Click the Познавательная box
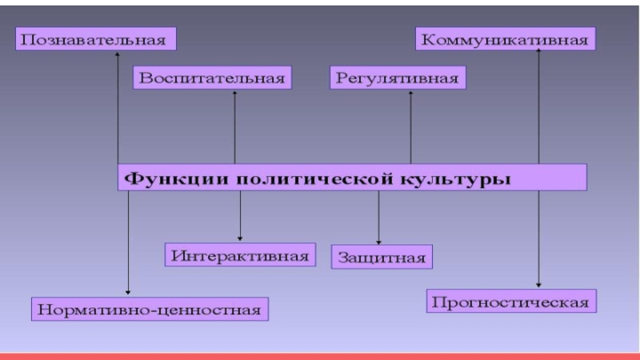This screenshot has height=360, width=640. pos(96,38)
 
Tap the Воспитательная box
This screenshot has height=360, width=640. pos(212,78)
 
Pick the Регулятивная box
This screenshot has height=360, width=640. pos(398,78)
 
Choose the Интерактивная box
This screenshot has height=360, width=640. pos(239,255)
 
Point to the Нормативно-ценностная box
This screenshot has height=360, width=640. pos(150,308)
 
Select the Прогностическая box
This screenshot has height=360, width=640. pos(510,302)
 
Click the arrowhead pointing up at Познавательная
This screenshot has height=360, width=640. pos(118,54)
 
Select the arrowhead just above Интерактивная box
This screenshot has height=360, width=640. pos(239,238)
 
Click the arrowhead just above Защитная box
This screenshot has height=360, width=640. pos(379,241)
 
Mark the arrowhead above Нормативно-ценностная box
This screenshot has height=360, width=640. pos(128,292)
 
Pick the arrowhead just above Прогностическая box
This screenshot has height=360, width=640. pos(538,285)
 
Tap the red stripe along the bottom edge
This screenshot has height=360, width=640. pos(320,355)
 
